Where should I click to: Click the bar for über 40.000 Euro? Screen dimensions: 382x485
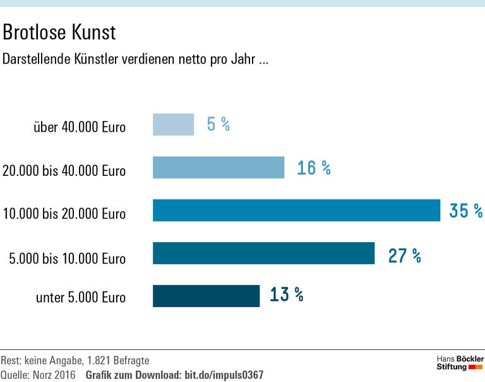pos(173,124)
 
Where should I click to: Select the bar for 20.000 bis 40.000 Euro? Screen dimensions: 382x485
pos(219,168)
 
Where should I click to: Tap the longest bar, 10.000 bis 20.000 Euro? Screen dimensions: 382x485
pos(296,210)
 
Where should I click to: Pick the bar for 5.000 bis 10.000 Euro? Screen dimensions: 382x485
pos(263,253)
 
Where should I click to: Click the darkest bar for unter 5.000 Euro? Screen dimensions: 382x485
pos(206,296)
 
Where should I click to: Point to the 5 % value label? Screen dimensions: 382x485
pos(218,125)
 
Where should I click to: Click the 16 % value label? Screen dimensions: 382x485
pos(314,168)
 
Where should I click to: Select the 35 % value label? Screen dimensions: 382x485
pos(466,211)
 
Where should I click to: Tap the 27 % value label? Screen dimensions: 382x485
pos(404,255)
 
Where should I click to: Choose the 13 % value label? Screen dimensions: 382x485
pos(286,294)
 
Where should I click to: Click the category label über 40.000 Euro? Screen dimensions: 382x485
pos(80,127)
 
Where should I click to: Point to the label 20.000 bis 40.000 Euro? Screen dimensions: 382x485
pos(64,171)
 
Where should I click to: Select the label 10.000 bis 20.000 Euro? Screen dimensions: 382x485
pos(64,214)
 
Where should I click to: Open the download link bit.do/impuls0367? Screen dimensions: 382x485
pos(224,375)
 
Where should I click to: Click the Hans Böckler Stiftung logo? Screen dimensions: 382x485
pos(460,362)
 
